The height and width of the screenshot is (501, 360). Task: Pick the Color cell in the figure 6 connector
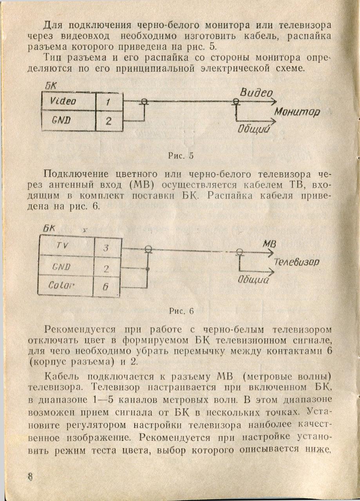click(60, 286)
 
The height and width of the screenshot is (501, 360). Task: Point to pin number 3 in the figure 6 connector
click(106, 248)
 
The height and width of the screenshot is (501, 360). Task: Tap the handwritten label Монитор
click(297, 112)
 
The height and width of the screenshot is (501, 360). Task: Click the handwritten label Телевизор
click(297, 261)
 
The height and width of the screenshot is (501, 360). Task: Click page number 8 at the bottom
click(31, 478)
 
